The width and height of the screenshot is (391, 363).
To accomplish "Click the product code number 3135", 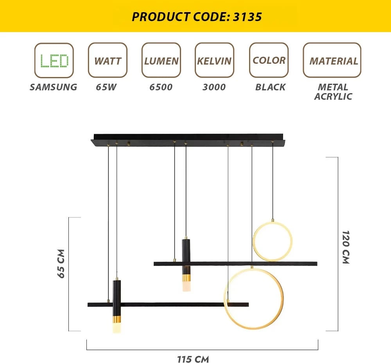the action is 247,17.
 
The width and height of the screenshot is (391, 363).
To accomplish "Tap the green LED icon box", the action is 54,60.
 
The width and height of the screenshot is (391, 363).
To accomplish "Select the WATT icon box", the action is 108,60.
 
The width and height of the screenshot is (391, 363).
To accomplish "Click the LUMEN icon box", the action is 161,60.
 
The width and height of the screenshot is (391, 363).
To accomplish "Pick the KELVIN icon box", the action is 214,60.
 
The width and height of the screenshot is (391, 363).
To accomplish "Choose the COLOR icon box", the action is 269,60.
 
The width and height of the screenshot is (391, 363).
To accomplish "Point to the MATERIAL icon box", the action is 332,60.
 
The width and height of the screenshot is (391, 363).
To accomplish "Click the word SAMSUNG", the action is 53,87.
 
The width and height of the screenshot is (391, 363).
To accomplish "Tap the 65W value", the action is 106,87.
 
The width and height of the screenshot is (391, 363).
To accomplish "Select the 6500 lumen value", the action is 161,87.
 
